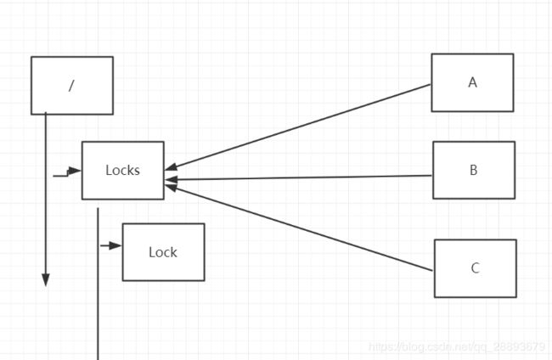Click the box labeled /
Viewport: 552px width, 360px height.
[x=72, y=86]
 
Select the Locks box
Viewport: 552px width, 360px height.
[x=123, y=171]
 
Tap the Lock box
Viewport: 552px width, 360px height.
[x=163, y=252]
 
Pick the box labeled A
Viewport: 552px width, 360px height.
[x=472, y=82]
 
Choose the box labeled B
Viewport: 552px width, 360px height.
[x=474, y=171]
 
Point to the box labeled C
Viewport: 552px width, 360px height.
[x=476, y=268]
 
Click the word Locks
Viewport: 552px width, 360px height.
[x=123, y=171]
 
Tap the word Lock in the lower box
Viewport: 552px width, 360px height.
[x=163, y=252]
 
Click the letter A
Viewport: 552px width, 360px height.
[x=473, y=82]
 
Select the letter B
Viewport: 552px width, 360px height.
[x=474, y=170]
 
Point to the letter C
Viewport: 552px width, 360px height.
[x=476, y=268]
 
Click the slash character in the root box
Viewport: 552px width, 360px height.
[x=71, y=86]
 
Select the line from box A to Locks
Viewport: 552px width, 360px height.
[x=298, y=127]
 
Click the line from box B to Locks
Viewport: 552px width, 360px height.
[x=298, y=177]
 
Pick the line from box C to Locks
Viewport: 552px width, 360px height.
[x=299, y=228]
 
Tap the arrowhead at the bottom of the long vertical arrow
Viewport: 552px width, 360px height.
[x=46, y=280]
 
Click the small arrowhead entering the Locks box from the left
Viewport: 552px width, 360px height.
[x=75, y=171]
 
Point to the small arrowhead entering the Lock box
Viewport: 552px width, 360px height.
[x=115, y=245]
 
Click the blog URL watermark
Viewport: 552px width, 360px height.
[x=457, y=347]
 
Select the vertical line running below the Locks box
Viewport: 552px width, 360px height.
[x=98, y=284]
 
